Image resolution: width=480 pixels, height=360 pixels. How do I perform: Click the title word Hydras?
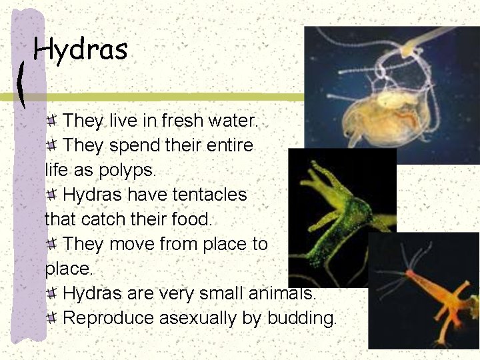[80, 49]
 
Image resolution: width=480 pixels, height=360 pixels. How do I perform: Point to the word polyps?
[127, 170]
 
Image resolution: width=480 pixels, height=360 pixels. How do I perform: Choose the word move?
[132, 243]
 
